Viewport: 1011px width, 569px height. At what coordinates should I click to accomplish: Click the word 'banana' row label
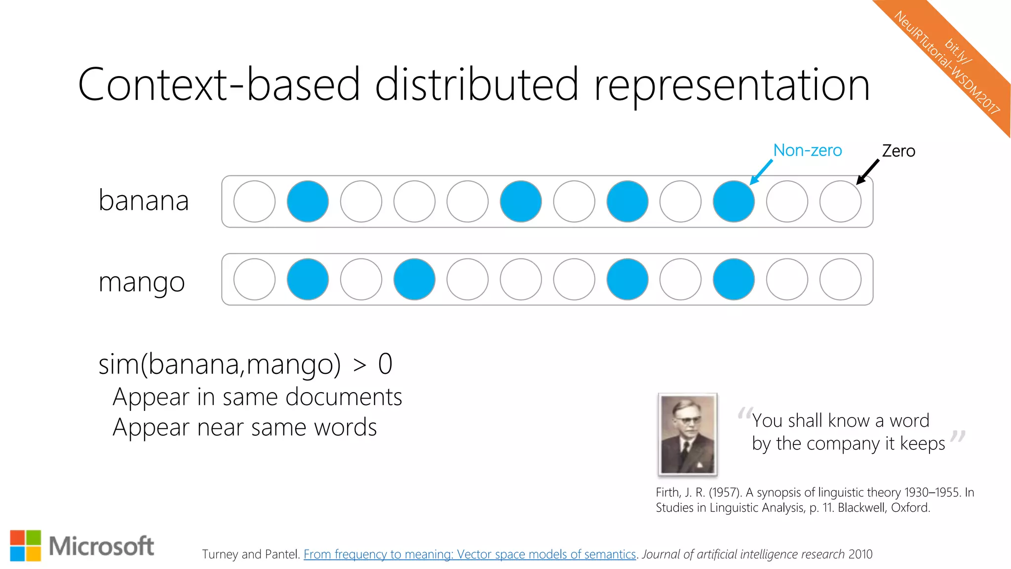click(144, 201)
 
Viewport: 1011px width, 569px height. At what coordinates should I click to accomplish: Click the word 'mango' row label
click(142, 283)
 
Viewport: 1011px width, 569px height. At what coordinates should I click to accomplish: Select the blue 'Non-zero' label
click(807, 150)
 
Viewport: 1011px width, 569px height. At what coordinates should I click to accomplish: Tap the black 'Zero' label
click(898, 151)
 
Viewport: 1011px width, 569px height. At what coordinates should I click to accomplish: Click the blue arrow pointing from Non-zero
click(761, 172)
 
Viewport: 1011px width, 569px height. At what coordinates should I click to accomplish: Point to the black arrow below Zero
click(867, 172)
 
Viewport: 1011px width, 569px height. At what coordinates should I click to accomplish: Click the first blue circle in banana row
click(308, 202)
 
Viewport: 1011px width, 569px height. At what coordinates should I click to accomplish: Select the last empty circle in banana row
click(840, 202)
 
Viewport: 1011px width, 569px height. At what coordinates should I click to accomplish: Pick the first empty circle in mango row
click(254, 280)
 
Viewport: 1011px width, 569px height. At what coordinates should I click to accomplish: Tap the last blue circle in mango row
click(734, 280)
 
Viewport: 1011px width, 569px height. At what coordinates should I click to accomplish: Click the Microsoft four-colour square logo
click(26, 546)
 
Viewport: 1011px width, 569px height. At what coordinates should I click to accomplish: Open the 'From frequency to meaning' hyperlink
click(469, 554)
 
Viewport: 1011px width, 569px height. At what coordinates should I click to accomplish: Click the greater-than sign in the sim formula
click(360, 366)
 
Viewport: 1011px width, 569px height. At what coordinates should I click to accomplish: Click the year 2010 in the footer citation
click(860, 554)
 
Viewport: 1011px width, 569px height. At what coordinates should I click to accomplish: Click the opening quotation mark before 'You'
click(744, 413)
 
